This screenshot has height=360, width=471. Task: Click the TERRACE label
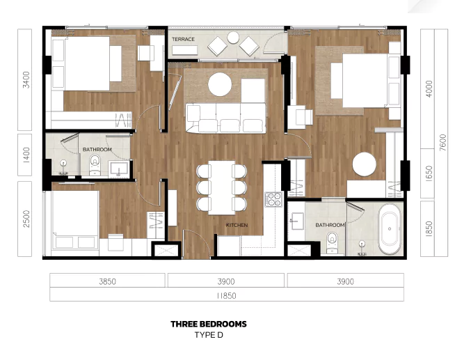[183, 39]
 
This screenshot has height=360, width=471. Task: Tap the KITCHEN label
[237, 225]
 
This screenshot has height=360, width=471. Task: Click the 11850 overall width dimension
[226, 296]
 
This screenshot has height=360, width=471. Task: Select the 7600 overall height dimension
[442, 143]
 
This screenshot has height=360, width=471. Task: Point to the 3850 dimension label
[108, 281]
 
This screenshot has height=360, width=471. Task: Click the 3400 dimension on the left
[26, 79]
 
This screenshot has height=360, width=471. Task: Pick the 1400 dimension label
[26, 155]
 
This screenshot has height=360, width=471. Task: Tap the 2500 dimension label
[26, 219]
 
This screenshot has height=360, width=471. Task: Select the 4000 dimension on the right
[429, 88]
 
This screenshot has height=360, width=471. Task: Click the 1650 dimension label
[429, 173]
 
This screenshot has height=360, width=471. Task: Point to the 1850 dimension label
[429, 229]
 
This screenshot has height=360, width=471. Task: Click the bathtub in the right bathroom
[390, 229]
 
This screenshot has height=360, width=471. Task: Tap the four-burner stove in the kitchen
[273, 199]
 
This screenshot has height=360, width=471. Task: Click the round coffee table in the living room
[220, 84]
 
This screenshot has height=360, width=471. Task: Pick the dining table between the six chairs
[222, 188]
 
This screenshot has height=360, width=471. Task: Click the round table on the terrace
[233, 38]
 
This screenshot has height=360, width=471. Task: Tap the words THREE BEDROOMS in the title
[209, 324]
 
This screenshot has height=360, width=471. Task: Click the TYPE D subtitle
[209, 335]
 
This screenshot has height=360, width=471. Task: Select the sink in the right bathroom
[297, 221]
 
